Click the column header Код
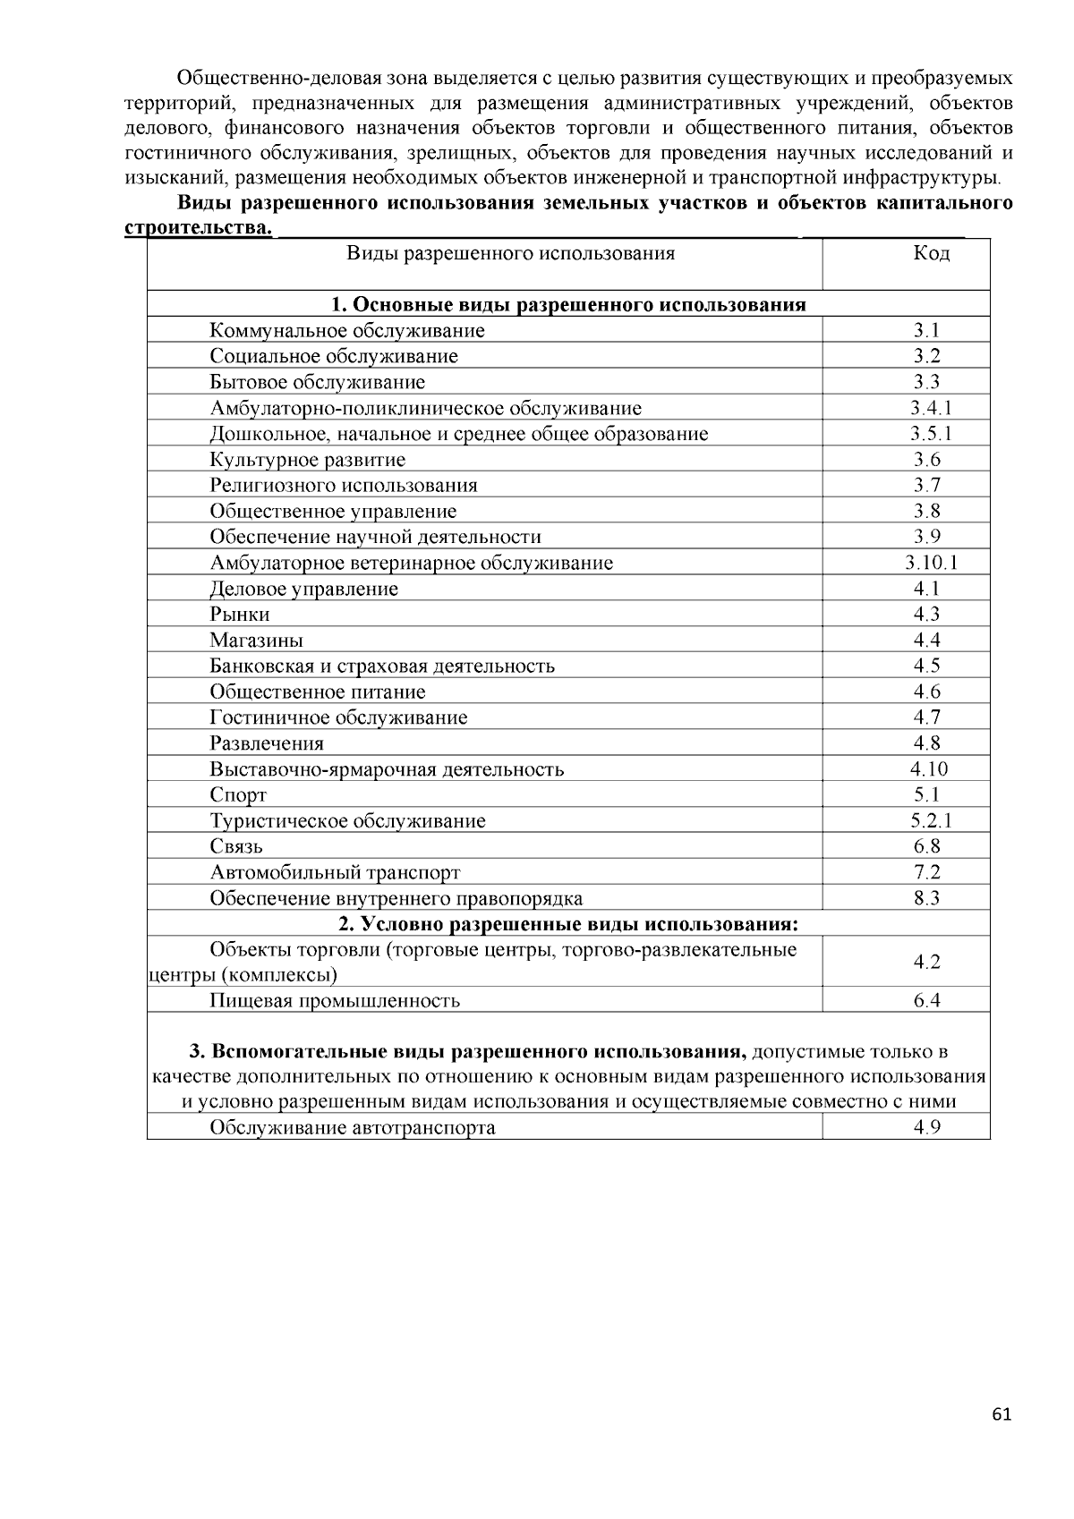point(931,253)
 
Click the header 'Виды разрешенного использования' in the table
point(510,253)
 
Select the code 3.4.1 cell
point(931,408)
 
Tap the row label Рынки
point(240,615)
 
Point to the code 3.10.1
point(931,563)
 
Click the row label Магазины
point(256,641)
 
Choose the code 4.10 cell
point(929,769)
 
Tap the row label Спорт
point(238,795)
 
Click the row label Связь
point(236,847)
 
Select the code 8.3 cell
point(927,898)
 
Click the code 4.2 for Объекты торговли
point(927,962)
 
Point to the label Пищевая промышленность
point(335,1001)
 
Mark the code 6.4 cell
point(927,1001)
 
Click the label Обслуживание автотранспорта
point(353,1127)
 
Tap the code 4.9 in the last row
point(927,1127)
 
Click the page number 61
point(1002,1414)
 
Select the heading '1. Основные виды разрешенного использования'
point(568,305)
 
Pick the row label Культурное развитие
point(307,460)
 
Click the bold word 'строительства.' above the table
point(198,229)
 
